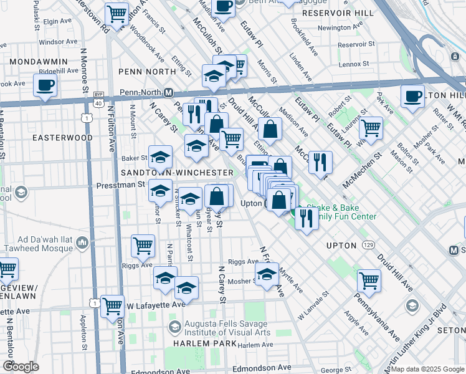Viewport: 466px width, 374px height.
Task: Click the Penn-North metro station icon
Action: point(168,92)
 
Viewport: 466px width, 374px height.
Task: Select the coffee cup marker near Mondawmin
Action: point(45,86)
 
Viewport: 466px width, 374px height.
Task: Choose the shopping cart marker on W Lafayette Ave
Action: point(112,306)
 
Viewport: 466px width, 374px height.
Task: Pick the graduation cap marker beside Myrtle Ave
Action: point(267,274)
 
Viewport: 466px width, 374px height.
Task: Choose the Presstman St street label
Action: point(120,185)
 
